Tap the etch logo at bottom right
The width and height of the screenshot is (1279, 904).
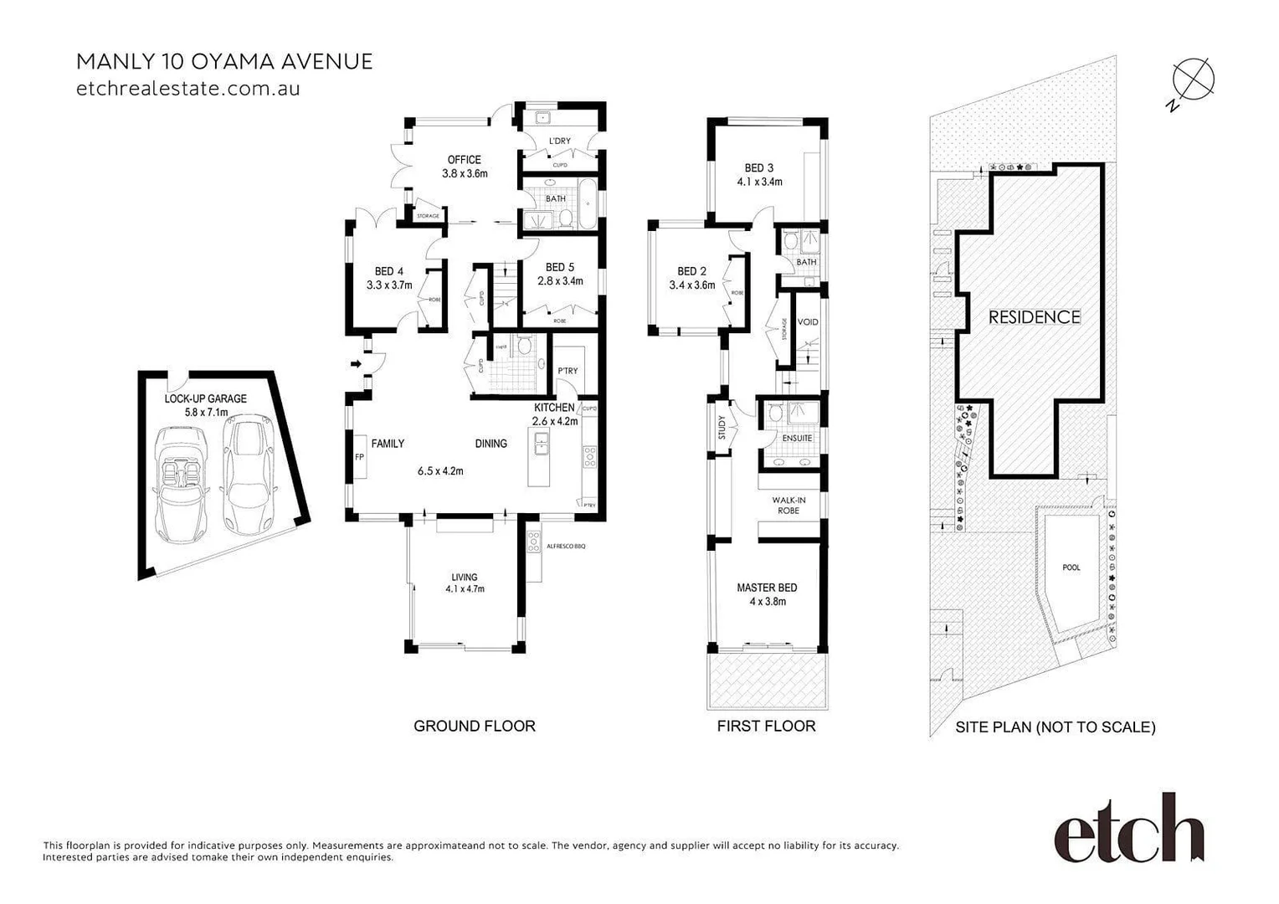point(1128,828)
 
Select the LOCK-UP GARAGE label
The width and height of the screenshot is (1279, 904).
point(205,398)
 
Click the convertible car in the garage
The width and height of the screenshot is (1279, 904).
point(180,483)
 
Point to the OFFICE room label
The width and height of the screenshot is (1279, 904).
point(464,160)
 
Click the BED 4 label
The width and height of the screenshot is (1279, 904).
point(388,271)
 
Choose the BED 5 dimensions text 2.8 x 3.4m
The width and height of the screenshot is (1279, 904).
point(560,281)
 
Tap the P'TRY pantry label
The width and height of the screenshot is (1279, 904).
point(568,371)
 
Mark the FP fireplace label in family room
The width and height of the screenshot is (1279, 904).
point(360,457)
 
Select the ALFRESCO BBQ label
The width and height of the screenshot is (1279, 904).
point(566,546)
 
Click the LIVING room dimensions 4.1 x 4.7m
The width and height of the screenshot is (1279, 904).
point(465,588)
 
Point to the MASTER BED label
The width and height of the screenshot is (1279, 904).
point(767,588)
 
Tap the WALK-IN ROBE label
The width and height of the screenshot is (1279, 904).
point(788,506)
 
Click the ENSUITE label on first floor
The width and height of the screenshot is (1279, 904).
point(797,438)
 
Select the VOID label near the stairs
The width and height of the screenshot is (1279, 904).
point(808,322)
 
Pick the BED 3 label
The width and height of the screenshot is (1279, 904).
point(759,167)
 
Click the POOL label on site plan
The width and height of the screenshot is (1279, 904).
point(1071,568)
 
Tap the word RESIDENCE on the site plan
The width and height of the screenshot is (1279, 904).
point(1035,317)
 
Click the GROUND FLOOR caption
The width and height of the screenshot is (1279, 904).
point(474,726)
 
